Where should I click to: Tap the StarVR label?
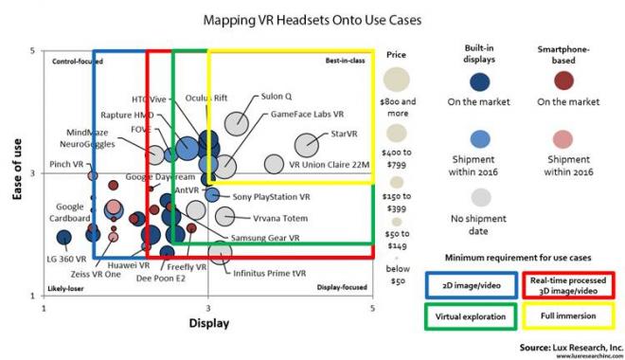(338, 135)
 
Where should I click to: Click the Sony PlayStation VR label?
(271, 197)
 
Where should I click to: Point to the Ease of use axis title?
(16, 172)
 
